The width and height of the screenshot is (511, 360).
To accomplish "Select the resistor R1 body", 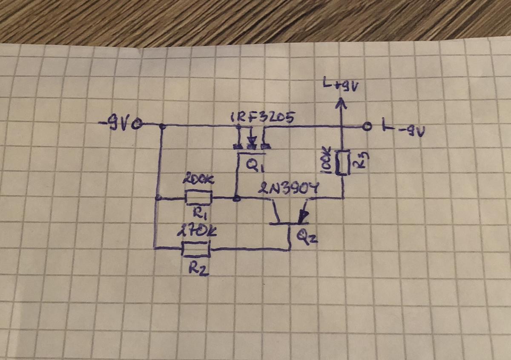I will pos(198,198).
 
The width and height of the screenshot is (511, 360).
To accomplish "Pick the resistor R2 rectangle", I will pos(196,248).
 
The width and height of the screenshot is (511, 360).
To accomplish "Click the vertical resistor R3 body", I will pos(343,162).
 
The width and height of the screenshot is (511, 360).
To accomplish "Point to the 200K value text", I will pos(198,181).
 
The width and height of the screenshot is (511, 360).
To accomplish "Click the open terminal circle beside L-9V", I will pos(366,126).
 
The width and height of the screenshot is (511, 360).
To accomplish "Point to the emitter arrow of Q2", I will pos(303,217).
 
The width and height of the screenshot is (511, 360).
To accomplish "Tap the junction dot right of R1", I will pos(236,198).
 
